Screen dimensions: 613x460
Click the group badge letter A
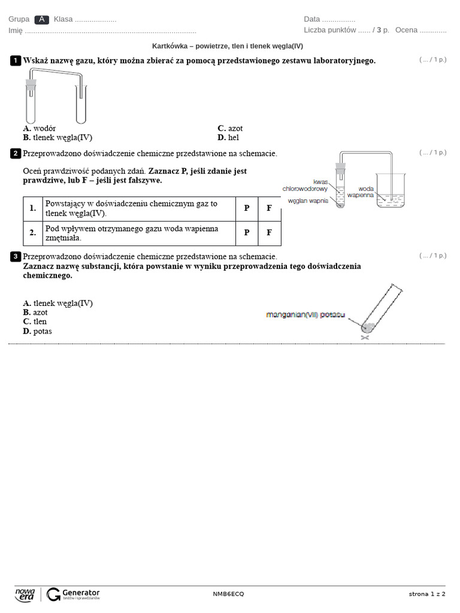click(x=41, y=19)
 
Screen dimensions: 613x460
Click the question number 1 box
click(x=16, y=60)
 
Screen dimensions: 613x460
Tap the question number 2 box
click(x=16, y=154)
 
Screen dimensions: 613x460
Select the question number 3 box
click(x=16, y=257)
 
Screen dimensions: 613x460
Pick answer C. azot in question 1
click(x=230, y=128)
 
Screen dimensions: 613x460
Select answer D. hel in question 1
click(x=228, y=137)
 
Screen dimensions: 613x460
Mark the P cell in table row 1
click(x=246, y=208)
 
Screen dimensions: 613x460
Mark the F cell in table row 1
click(x=269, y=208)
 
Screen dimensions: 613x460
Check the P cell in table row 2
click(x=246, y=233)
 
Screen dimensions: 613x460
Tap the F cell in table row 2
click(x=269, y=233)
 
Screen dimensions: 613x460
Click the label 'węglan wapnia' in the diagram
click(x=308, y=201)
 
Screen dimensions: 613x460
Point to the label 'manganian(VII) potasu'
click(x=305, y=315)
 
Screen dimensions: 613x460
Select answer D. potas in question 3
click(x=37, y=331)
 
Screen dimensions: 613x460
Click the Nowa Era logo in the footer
click(x=25, y=594)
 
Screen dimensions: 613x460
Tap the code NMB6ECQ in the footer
click(x=228, y=594)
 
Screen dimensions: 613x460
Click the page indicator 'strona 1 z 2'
click(x=427, y=594)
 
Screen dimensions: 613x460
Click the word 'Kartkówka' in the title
click(x=169, y=46)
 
